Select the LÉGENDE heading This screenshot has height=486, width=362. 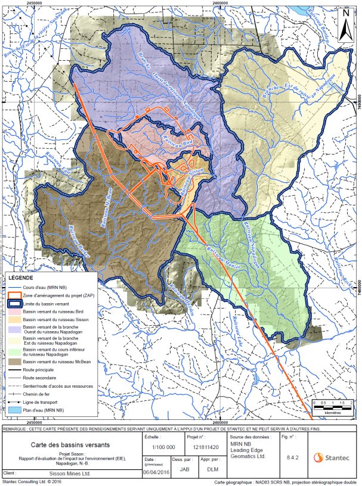coord(21,278)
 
